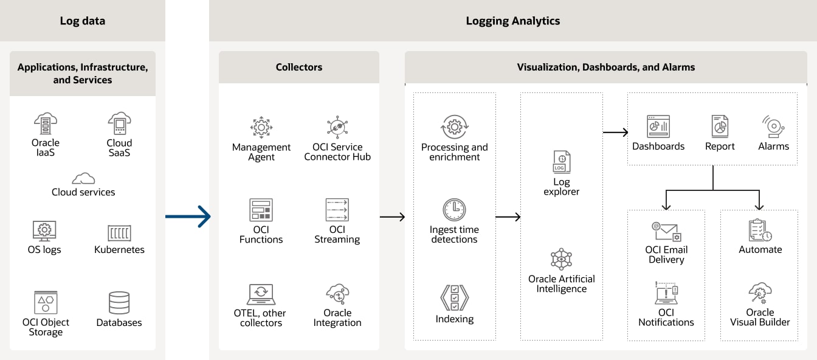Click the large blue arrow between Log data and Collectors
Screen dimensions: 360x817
[188, 216]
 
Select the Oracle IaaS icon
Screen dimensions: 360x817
[46, 123]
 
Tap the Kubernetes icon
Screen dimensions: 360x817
[119, 233]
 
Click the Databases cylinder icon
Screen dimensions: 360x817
[119, 303]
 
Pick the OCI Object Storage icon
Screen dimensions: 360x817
[46, 302]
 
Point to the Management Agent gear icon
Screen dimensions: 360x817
[261, 128]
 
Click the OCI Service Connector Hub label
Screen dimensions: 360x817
[337, 152]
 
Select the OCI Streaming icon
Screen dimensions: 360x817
[337, 210]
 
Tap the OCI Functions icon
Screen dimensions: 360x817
[261, 210]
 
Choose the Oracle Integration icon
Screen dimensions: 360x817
[337, 294]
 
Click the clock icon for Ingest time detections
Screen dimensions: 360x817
[454, 210]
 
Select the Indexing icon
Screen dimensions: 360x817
[454, 299]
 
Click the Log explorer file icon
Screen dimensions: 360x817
[561, 162]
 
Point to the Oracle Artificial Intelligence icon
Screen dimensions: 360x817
[561, 259]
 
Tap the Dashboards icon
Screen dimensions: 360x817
[658, 126]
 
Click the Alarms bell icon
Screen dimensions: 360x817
[773, 126]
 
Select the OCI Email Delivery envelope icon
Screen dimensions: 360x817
[666, 232]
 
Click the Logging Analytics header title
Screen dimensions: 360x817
[513, 21]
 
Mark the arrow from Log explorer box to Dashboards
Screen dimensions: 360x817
[615, 132]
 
